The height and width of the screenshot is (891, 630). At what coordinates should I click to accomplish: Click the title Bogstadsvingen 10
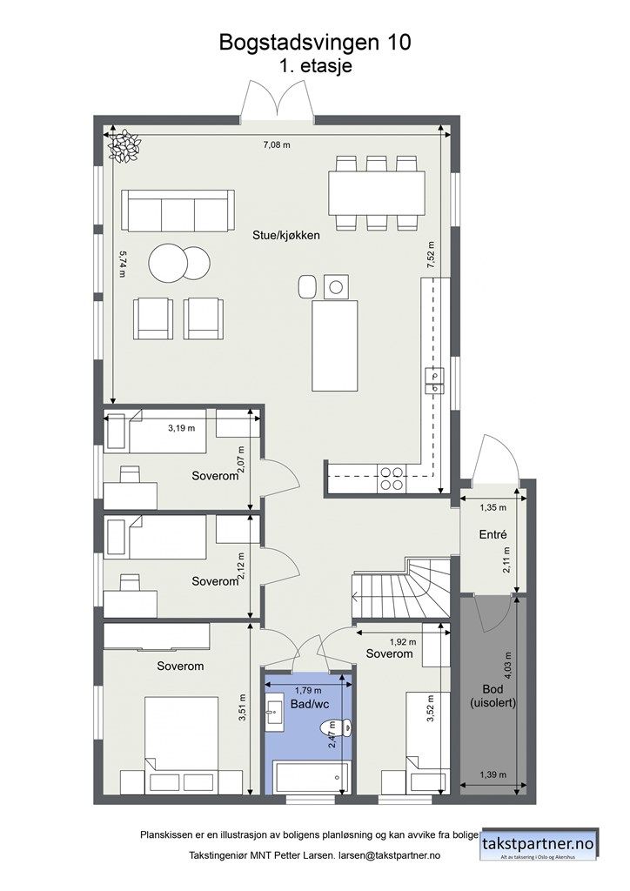[x=315, y=41]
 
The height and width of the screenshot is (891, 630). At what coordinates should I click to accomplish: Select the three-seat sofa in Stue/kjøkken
[x=178, y=210]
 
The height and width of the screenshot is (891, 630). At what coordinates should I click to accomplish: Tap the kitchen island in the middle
[x=335, y=345]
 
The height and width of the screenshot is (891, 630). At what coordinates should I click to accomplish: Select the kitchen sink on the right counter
[x=432, y=375]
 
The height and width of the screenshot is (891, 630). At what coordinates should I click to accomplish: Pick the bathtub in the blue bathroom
[x=309, y=777]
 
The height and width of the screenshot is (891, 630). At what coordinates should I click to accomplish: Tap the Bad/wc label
[x=308, y=703]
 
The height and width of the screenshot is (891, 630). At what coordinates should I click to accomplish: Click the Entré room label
[x=493, y=534]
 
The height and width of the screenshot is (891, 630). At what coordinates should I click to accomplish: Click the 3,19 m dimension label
[x=181, y=428]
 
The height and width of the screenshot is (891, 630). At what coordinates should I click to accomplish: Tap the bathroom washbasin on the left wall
[x=275, y=717]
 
